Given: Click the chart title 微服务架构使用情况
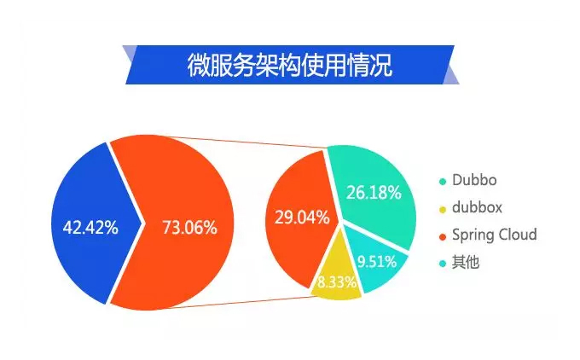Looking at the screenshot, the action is pyautogui.click(x=290, y=65).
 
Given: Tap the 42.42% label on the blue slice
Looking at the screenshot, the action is pyautogui.click(x=90, y=227).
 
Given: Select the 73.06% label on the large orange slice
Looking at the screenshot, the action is pyautogui.click(x=189, y=227).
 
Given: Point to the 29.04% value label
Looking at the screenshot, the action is pyautogui.click(x=302, y=218).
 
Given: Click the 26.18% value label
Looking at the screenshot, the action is pyautogui.click(x=374, y=193).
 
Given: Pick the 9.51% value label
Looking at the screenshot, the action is pyautogui.click(x=377, y=262).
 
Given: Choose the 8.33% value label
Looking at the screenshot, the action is pyautogui.click(x=337, y=282).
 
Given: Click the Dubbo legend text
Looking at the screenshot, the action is pyautogui.click(x=474, y=180).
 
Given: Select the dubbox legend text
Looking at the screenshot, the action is pyautogui.click(x=477, y=207).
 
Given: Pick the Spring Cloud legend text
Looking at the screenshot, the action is pyautogui.click(x=495, y=235).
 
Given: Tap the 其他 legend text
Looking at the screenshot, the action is pyautogui.click(x=466, y=263).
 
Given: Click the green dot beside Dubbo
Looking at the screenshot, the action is pyautogui.click(x=443, y=182).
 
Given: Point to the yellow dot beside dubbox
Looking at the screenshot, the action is pyautogui.click(x=443, y=209).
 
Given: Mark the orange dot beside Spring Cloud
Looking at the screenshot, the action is pyautogui.click(x=443, y=237).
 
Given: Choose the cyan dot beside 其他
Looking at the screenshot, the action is pyautogui.click(x=443, y=264).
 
